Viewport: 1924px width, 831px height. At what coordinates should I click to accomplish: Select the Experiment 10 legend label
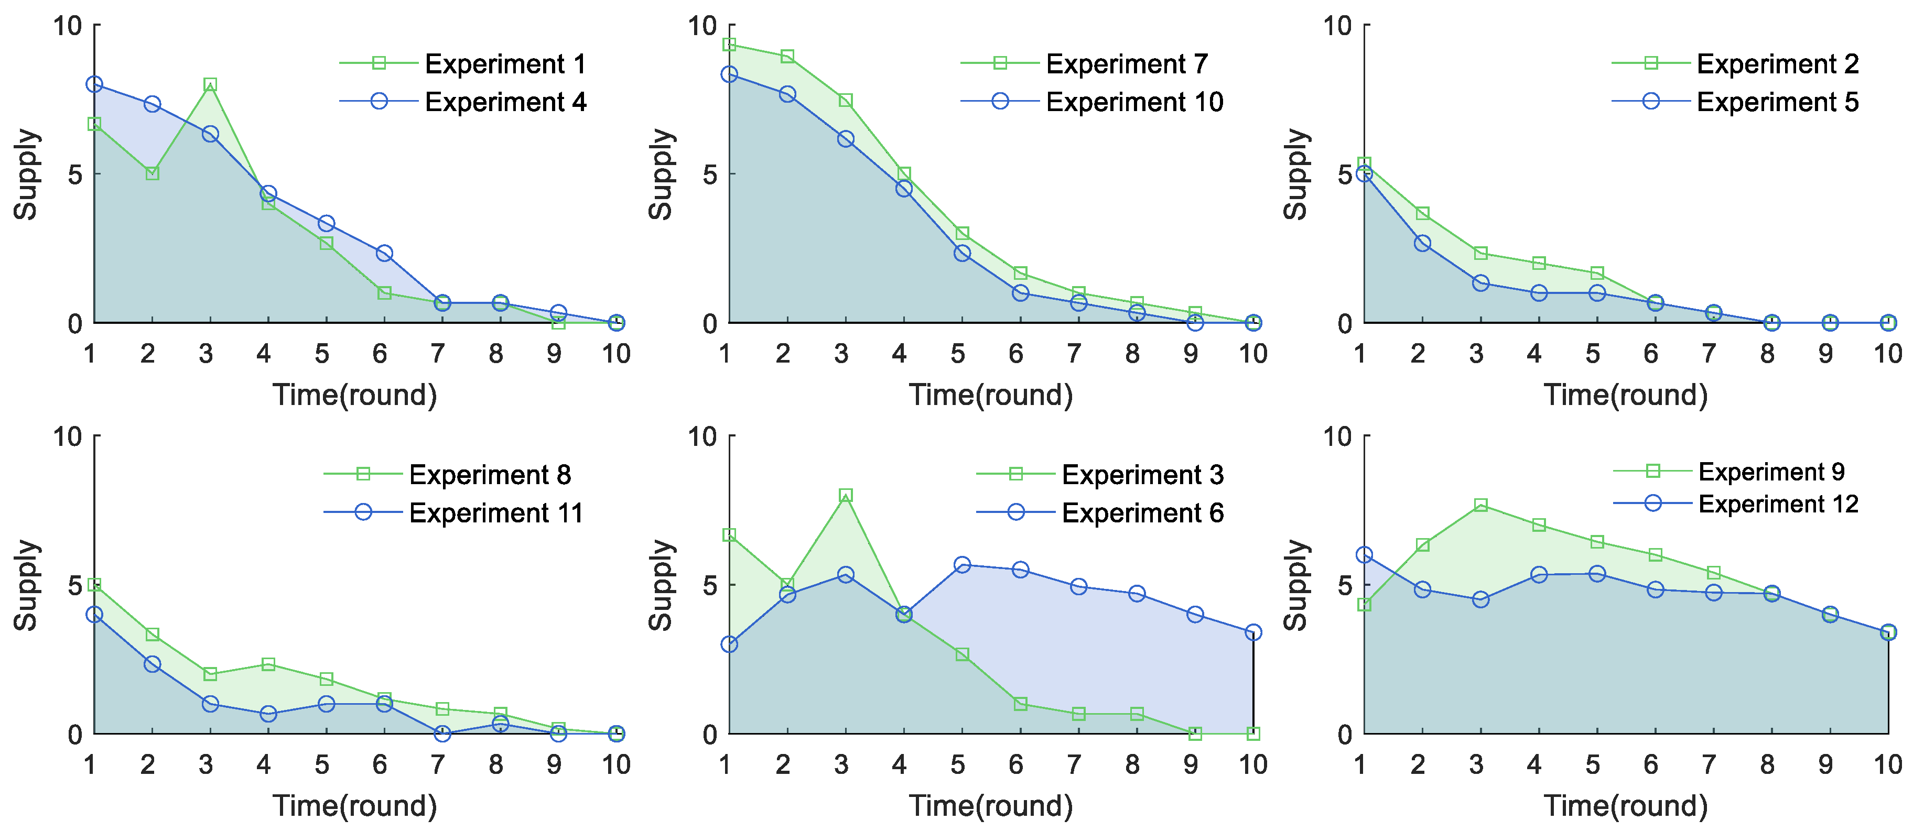[x=1134, y=102]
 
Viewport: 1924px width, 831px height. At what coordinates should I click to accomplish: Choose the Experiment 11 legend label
[x=496, y=513]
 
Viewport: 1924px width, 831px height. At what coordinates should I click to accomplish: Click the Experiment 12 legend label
[x=1778, y=504]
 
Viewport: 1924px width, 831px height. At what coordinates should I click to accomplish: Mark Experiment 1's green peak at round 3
[x=210, y=84]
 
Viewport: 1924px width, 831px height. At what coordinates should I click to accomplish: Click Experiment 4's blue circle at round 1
[x=94, y=84]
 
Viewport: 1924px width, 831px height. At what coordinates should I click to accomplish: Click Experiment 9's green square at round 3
[x=1481, y=506]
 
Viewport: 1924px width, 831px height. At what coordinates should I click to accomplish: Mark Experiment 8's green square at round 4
[x=268, y=664]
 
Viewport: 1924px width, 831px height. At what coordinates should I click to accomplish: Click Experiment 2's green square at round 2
[x=1423, y=214]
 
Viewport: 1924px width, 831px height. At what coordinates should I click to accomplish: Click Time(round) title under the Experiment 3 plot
[x=990, y=806]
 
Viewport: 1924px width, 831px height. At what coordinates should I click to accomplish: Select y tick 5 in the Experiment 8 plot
[x=74, y=585]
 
